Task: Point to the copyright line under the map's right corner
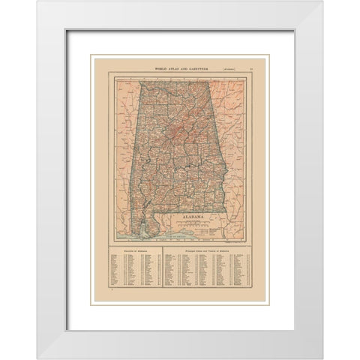click(x=238, y=241)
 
